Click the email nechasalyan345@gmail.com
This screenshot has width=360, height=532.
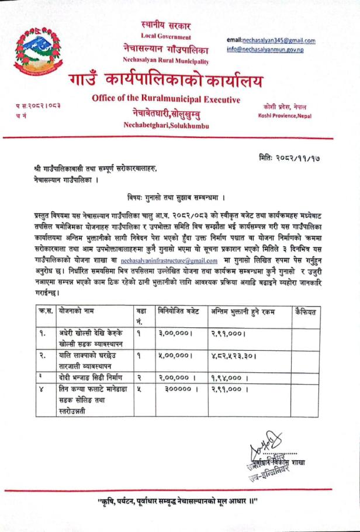pyautogui.click(x=271, y=40)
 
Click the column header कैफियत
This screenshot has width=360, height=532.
pyautogui.click(x=306, y=312)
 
